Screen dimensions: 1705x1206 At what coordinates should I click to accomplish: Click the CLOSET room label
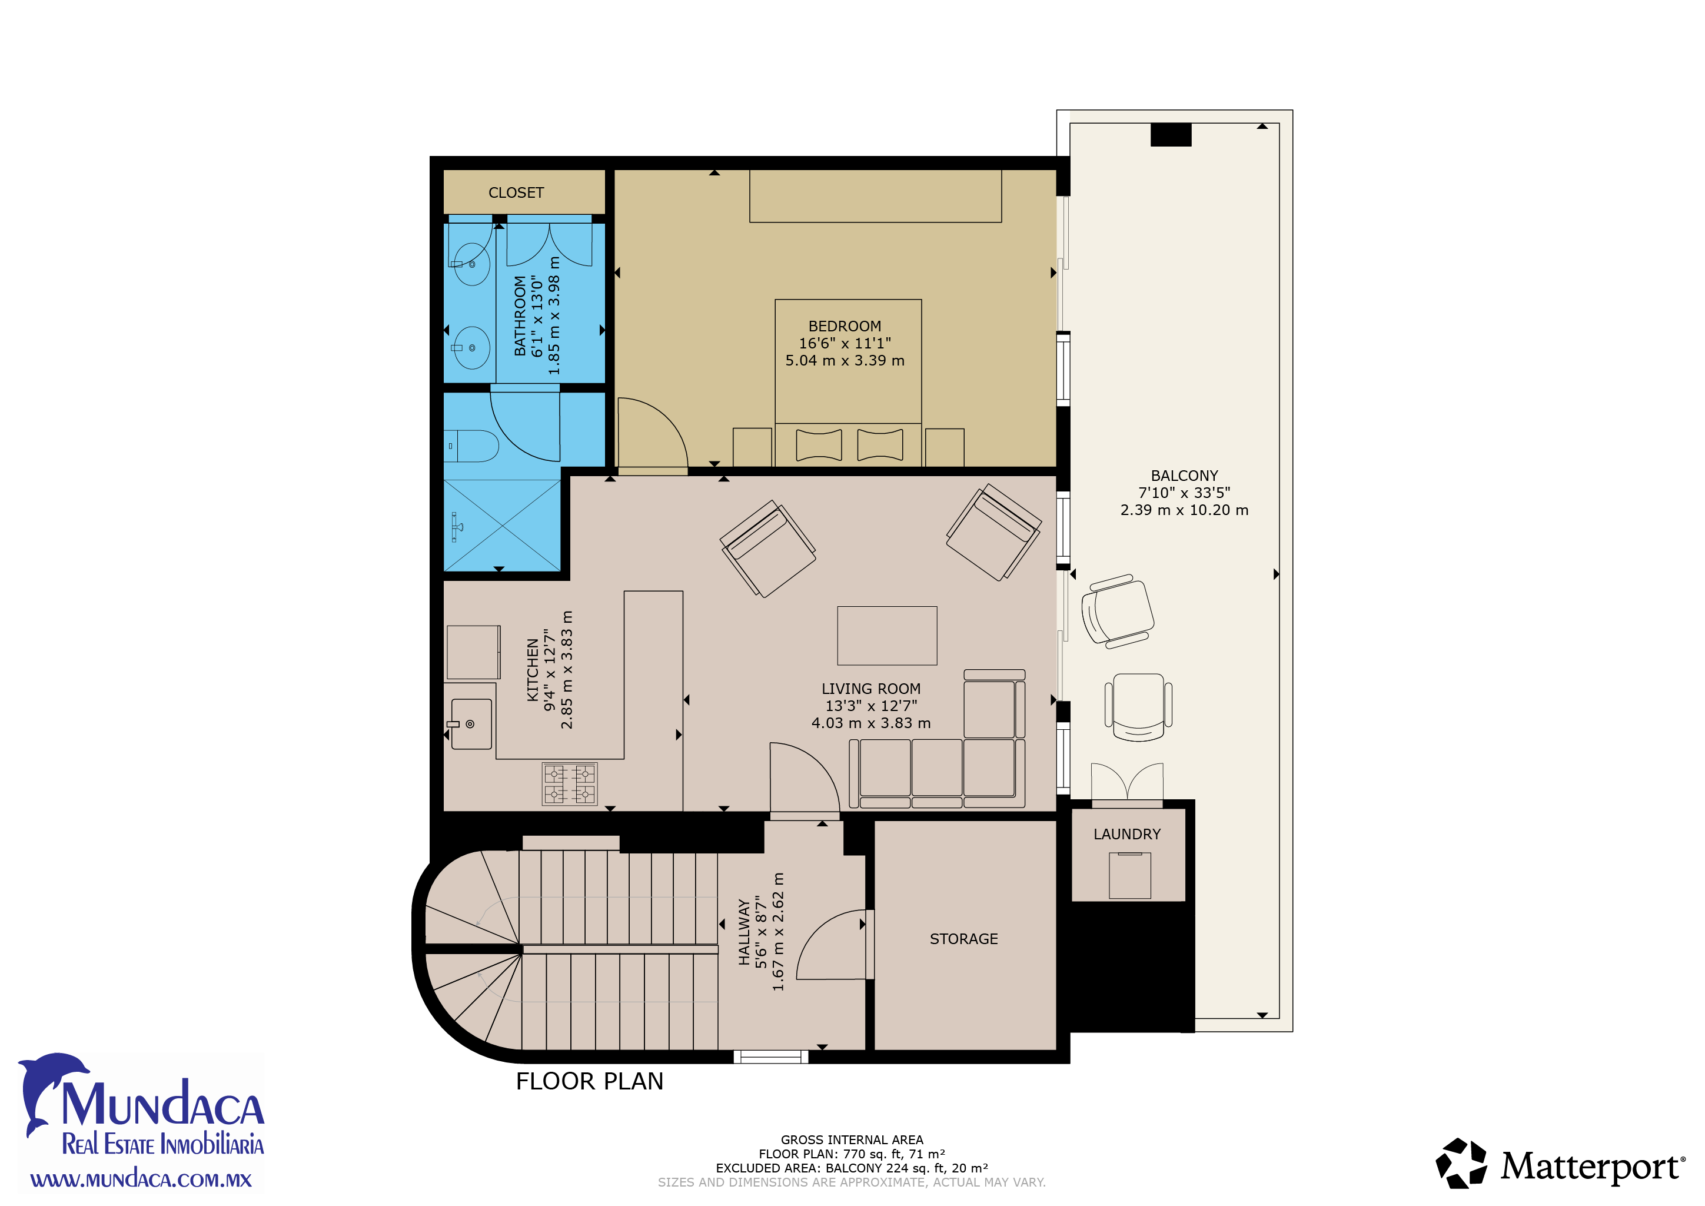tap(516, 193)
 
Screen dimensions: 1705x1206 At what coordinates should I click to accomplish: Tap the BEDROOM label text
tap(845, 326)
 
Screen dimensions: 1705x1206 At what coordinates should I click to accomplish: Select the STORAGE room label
tap(964, 939)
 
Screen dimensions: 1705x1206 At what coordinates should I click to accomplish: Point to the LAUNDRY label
tap(1126, 834)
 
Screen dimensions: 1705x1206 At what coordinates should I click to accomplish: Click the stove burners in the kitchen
tap(570, 784)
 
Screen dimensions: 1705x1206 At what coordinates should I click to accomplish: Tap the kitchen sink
tap(470, 723)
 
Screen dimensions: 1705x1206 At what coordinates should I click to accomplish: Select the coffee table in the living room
tap(887, 636)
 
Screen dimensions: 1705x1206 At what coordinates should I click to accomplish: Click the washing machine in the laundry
tap(1129, 876)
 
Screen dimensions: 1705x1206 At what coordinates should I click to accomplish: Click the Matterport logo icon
tap(1461, 1164)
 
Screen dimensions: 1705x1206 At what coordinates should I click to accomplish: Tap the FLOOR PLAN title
tap(590, 1081)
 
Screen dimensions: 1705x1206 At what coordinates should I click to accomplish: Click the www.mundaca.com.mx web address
tap(141, 1180)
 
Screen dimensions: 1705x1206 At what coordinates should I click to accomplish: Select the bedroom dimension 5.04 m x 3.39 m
tap(845, 360)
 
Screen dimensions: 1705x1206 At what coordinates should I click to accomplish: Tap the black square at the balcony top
tap(1171, 134)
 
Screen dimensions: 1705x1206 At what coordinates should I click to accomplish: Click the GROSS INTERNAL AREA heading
tap(852, 1140)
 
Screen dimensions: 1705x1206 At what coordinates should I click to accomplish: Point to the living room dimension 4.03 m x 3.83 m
tap(871, 723)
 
